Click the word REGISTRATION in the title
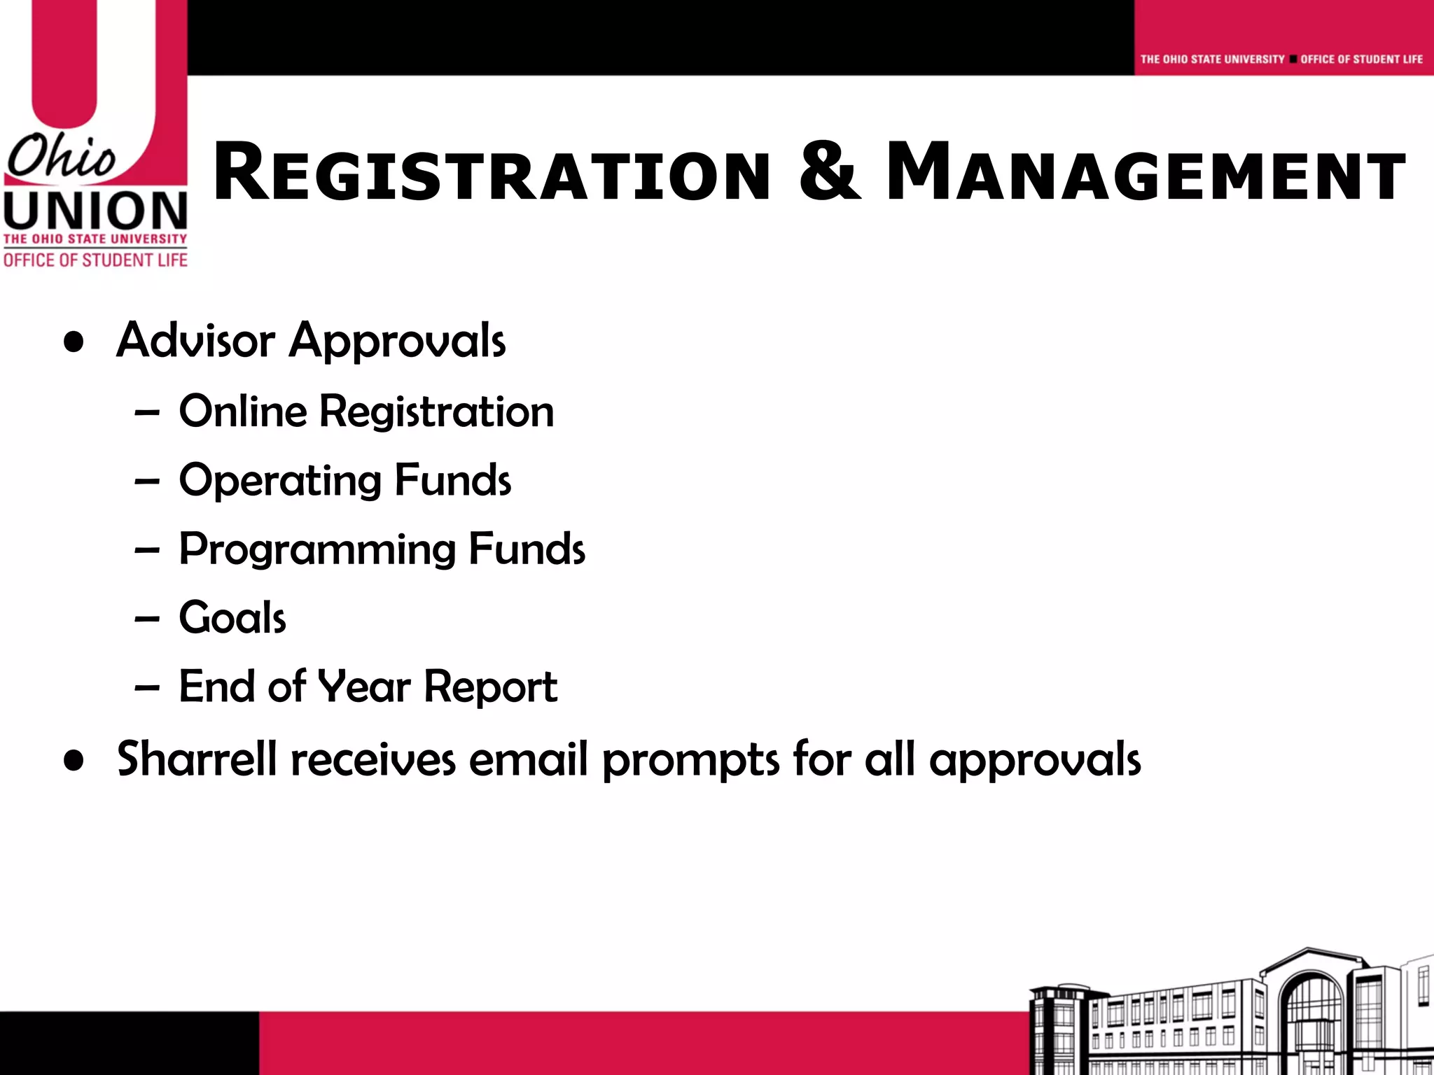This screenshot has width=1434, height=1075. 490,173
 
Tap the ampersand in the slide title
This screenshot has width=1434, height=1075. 828,171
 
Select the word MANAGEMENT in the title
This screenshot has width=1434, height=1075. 1146,173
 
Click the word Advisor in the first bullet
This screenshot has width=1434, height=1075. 195,341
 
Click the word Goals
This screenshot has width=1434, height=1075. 232,618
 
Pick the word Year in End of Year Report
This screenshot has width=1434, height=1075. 364,687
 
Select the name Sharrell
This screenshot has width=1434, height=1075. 197,759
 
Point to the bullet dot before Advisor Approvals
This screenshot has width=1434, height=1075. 74,343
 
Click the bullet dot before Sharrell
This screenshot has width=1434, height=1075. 74,761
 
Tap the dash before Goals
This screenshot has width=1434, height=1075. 147,619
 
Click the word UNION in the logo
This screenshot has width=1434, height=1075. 95,211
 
